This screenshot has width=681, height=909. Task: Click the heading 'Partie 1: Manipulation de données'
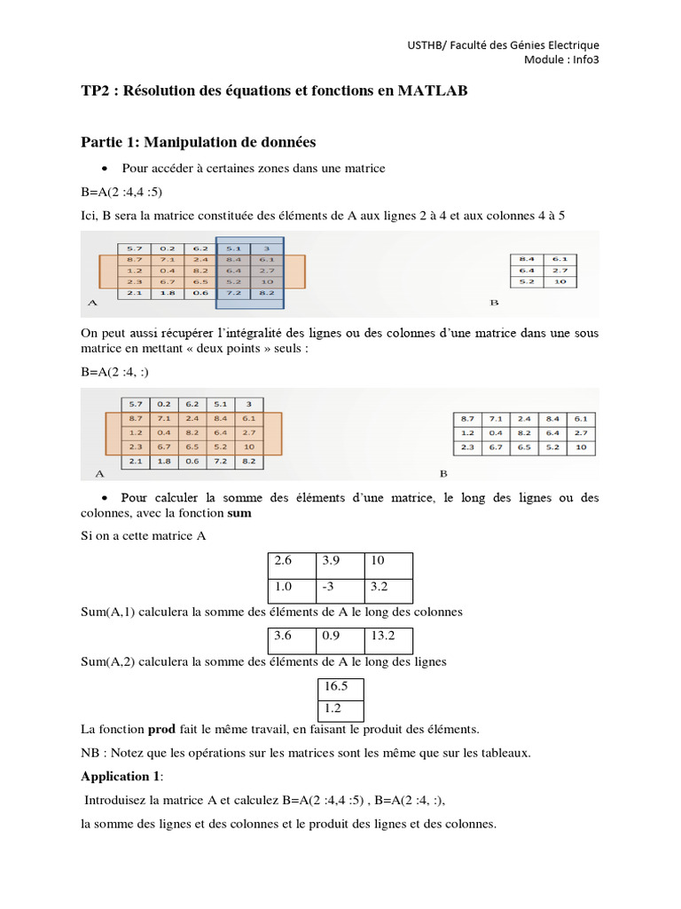click(x=198, y=142)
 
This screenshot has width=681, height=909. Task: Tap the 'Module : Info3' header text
click(x=561, y=60)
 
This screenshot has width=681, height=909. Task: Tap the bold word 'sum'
click(x=239, y=513)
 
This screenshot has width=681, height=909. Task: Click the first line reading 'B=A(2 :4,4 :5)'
click(x=121, y=192)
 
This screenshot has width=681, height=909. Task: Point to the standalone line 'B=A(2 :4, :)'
click(x=114, y=372)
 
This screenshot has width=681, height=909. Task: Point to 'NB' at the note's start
click(x=90, y=754)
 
